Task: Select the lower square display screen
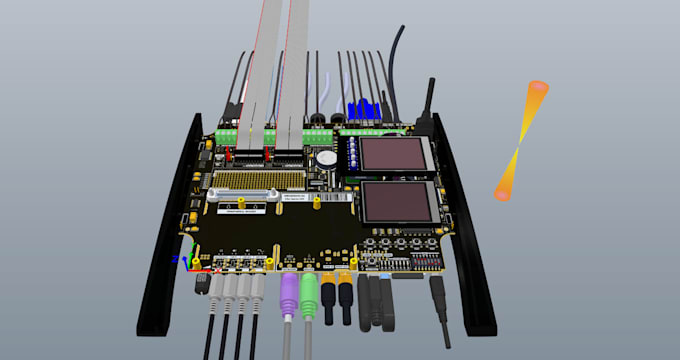pos(397,203)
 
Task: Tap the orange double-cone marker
pos(520,140)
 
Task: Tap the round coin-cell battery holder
pos(326,157)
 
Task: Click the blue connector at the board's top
pos(362,111)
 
